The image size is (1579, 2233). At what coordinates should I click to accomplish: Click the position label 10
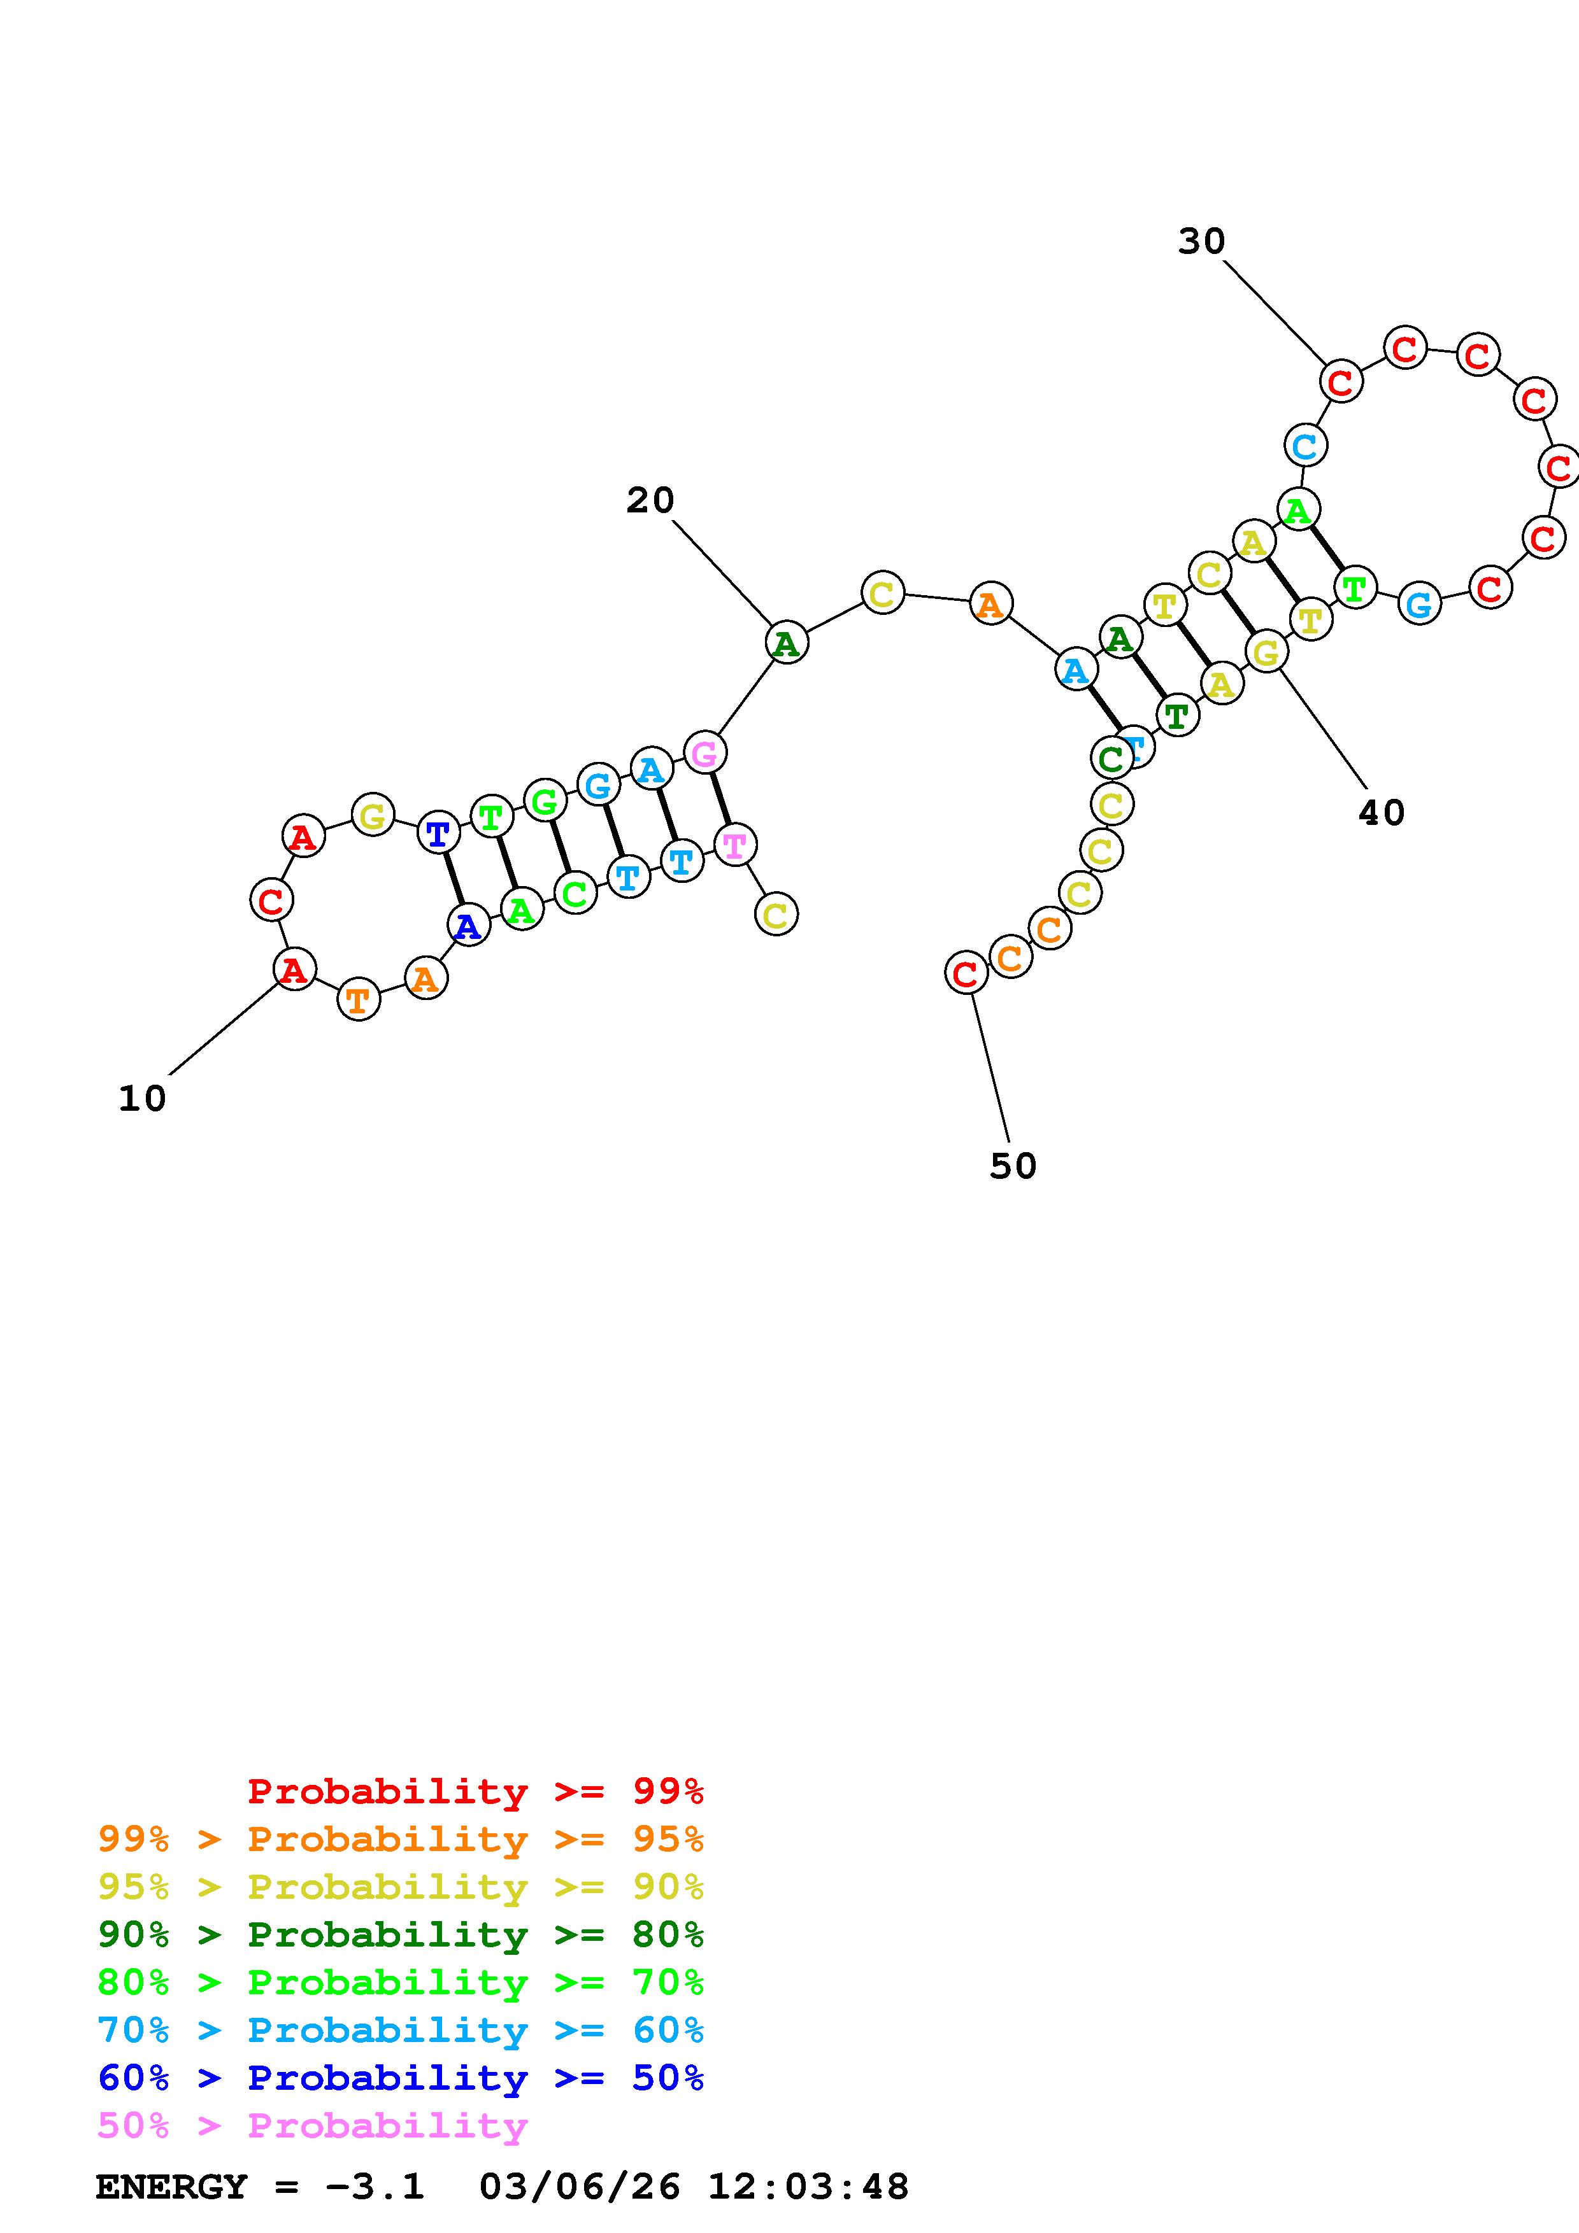[x=142, y=1099]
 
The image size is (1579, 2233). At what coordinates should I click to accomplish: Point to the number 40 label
[x=1382, y=813]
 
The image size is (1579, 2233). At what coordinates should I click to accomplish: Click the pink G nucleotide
[x=704, y=753]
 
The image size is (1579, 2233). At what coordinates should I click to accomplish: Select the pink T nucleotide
[x=734, y=844]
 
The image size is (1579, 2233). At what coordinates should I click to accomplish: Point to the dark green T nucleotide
[x=1176, y=717]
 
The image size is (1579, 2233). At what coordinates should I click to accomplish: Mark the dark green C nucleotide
[x=1111, y=759]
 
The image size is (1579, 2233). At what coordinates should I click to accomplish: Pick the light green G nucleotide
[x=545, y=800]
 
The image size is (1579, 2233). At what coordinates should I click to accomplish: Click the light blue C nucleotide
[x=1304, y=446]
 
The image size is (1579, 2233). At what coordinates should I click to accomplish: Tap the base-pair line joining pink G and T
[x=720, y=798]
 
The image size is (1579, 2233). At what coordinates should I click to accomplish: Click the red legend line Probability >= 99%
[x=476, y=1791]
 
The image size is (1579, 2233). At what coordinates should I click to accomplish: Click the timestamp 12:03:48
[x=808, y=2187]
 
